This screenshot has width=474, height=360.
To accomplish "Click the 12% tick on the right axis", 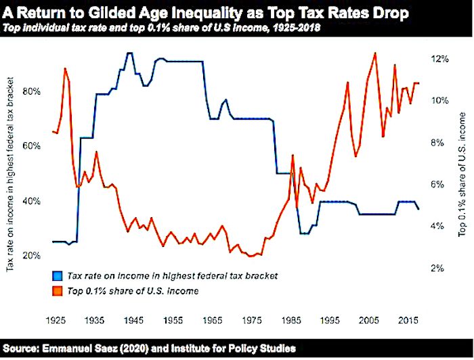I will (x=440, y=59).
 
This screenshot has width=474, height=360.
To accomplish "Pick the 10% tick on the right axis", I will (x=440, y=101).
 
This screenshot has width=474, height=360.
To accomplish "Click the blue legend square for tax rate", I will (x=57, y=276).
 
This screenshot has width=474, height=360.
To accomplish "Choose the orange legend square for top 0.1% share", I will (x=57, y=291).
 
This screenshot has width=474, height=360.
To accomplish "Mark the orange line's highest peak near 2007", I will (x=374, y=53).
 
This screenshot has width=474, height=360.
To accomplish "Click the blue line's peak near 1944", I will (x=129, y=53).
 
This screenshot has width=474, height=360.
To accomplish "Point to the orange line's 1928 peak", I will (x=65, y=68).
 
